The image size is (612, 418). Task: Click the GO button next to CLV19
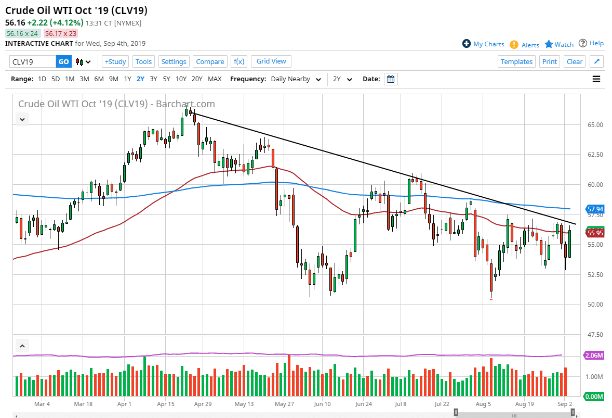(x=63, y=61)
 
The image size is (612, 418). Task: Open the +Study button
(x=115, y=61)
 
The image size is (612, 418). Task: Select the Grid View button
(x=271, y=61)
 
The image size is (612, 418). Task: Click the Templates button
(x=516, y=61)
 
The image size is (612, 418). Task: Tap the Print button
(x=549, y=61)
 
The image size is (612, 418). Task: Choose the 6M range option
(x=98, y=79)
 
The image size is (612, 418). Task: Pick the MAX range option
(x=215, y=79)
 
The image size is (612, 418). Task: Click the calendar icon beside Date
(x=391, y=79)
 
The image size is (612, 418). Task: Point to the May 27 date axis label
(x=281, y=403)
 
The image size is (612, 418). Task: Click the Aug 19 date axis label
(x=525, y=403)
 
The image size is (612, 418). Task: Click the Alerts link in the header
(x=530, y=45)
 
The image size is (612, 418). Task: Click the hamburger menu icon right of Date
(x=596, y=79)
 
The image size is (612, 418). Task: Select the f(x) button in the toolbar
(x=239, y=61)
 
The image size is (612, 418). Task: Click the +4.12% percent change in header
(x=56, y=23)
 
